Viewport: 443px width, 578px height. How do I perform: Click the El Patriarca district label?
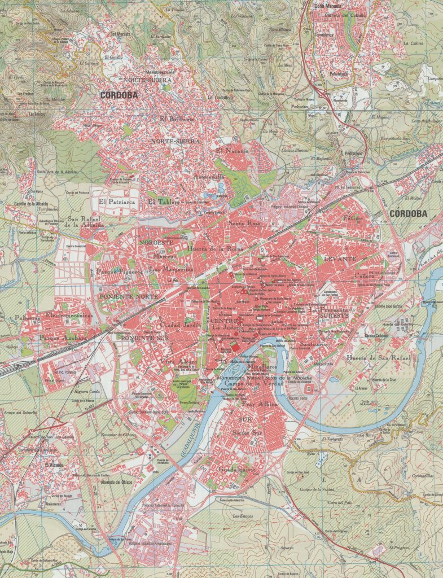coord(117,201)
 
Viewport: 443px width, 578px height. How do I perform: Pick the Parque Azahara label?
coord(63,338)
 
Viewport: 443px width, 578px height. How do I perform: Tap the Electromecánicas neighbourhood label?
coord(69,316)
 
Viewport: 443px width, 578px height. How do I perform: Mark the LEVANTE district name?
coord(340,258)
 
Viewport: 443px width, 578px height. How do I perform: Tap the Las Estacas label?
coord(243,515)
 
